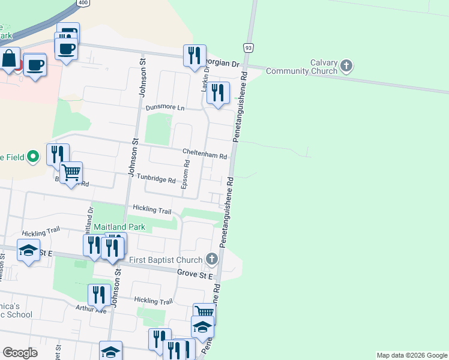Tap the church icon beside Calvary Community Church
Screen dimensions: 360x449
coord(346,65)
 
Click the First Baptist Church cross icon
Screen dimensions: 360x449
coord(211,259)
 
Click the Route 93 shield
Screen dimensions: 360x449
coord(247,47)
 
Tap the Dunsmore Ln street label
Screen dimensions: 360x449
coord(165,107)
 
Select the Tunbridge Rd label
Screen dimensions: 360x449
coord(155,179)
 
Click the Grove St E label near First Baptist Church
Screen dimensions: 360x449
coord(196,274)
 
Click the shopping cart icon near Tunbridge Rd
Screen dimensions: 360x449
coord(71,173)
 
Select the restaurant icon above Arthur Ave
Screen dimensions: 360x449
coord(99,295)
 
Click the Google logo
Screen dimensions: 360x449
coord(20,353)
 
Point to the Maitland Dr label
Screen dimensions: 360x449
coord(91,220)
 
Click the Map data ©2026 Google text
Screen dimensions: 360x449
coord(412,355)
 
